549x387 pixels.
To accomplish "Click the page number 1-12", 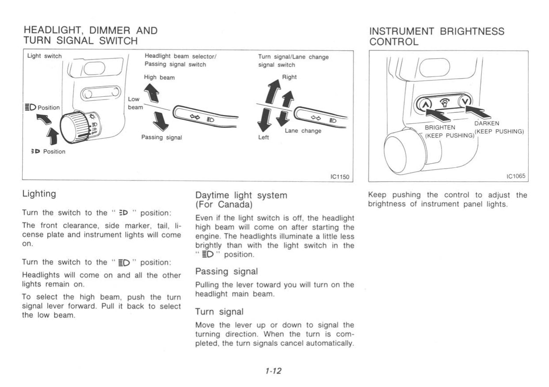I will click(x=274, y=371).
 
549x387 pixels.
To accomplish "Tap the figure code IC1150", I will click(x=340, y=177).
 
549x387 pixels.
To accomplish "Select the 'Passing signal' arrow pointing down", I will click(x=159, y=119).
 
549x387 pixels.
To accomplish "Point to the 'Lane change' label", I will click(x=303, y=131).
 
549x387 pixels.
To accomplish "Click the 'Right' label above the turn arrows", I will click(x=289, y=77).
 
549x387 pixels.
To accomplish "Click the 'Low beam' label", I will click(x=134, y=103).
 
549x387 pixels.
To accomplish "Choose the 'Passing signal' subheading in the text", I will click(x=226, y=271).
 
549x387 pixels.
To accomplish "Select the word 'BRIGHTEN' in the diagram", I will click(x=437, y=127).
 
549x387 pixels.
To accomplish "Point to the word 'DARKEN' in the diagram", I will click(x=486, y=123).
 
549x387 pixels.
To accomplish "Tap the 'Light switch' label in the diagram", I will click(x=45, y=56).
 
